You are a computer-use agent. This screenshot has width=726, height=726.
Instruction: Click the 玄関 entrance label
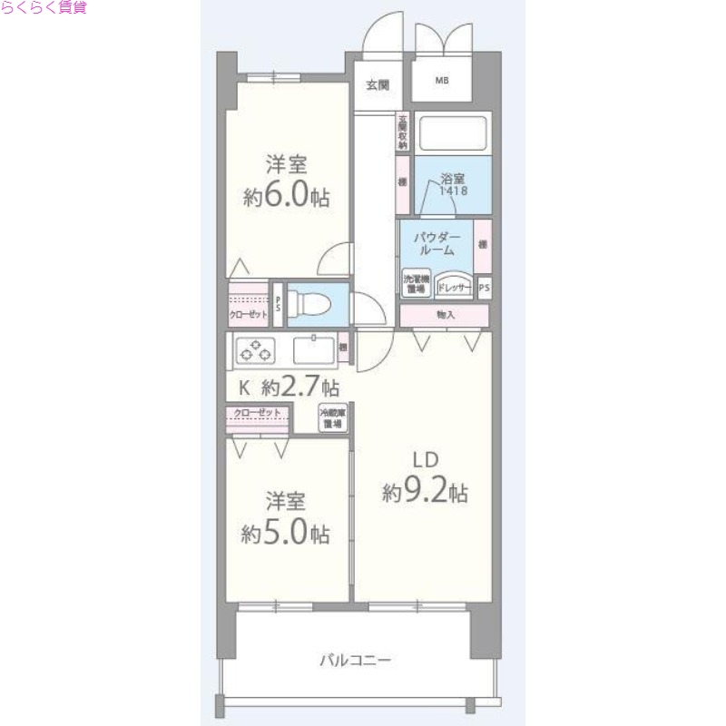378,85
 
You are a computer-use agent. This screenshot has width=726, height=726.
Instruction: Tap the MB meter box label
442,82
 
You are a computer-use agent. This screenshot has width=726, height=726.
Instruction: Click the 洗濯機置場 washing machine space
417,283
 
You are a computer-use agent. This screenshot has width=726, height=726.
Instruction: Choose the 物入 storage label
445,315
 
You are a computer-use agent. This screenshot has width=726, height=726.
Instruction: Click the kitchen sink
310,348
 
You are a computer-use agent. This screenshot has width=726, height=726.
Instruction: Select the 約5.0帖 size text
286,533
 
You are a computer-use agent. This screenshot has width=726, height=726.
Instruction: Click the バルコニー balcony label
355,660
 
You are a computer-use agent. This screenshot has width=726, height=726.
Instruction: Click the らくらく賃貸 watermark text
44,8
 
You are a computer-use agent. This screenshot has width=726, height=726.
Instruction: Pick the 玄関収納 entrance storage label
402,132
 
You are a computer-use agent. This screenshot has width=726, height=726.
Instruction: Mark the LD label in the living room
424,460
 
